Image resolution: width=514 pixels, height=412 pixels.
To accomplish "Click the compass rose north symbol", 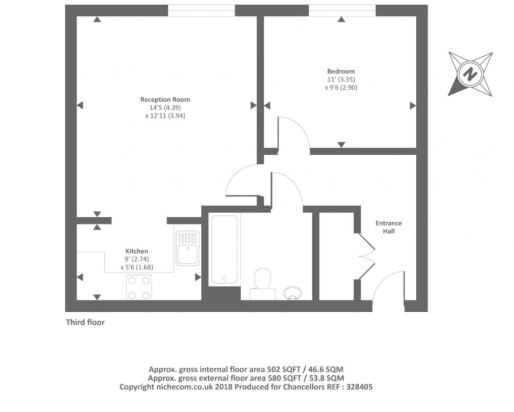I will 470,73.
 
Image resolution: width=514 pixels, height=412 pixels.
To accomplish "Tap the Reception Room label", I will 165,99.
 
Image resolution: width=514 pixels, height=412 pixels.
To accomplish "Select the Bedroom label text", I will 341,71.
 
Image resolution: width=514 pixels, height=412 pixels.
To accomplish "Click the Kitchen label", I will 136,251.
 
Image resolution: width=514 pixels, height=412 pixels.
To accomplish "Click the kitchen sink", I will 187,248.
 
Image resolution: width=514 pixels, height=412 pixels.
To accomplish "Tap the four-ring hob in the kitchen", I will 139,288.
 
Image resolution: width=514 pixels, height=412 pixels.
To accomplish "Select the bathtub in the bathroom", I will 224,249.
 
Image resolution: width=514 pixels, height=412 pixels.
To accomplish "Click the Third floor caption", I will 85,323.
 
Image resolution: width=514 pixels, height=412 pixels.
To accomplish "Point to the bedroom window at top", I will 342,10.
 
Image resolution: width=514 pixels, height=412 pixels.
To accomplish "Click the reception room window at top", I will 201,10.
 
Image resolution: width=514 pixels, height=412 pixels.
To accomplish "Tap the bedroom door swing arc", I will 286,131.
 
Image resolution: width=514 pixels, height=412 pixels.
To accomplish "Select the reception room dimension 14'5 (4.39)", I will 165,108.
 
